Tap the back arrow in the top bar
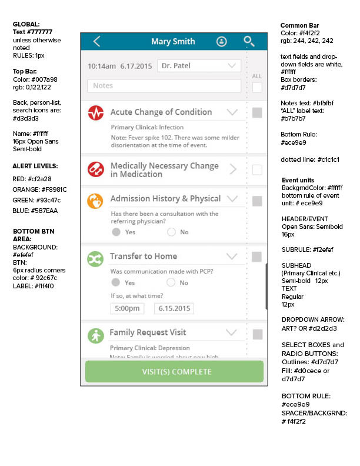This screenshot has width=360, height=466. [x=97, y=41]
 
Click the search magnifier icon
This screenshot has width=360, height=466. [x=249, y=41]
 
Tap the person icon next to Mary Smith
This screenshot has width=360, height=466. [x=221, y=42]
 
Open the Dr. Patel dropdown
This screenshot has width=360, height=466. [x=199, y=66]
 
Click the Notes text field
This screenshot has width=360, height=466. [x=164, y=86]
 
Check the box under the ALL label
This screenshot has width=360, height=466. [x=257, y=87]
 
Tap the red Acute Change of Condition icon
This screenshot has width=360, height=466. [x=95, y=113]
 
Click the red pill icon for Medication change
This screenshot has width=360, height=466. [x=95, y=169]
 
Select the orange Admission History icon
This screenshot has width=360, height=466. [x=95, y=201]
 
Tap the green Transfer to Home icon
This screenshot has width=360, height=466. [x=95, y=258]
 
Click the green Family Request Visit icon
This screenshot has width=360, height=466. [x=95, y=335]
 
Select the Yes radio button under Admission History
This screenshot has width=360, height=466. [x=116, y=232]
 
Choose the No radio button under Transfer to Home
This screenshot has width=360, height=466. [x=171, y=282]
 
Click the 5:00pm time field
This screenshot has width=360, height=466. [x=126, y=308]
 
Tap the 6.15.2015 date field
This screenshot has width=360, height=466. [x=174, y=308]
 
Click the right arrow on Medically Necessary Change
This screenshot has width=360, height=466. [x=233, y=169]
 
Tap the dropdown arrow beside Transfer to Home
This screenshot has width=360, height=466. [x=232, y=257]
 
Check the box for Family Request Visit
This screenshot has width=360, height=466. [x=257, y=334]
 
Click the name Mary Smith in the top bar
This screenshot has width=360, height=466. [x=173, y=42]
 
